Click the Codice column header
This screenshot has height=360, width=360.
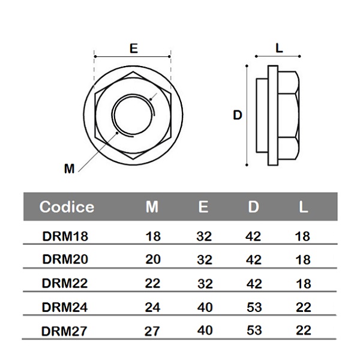point(67,207)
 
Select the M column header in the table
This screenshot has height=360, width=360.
point(152,207)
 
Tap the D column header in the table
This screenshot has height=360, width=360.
point(254,207)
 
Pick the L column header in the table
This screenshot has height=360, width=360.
point(304,207)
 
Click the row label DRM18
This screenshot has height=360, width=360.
point(65,236)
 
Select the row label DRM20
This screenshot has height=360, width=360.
point(65,259)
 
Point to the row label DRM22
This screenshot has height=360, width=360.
point(65,283)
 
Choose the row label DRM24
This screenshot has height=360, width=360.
point(65,307)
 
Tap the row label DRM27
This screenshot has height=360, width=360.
point(65,331)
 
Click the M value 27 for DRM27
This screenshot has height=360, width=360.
point(153,331)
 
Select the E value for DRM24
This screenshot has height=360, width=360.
point(204,307)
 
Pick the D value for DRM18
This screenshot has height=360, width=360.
point(254,236)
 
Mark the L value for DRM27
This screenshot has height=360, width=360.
point(304,331)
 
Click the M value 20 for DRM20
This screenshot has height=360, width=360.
point(153,259)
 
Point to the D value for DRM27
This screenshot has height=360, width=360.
point(254,331)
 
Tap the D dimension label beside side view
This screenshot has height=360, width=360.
point(238,115)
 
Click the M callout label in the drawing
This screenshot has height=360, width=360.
point(70,169)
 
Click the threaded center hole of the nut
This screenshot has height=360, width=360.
point(133,115)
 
